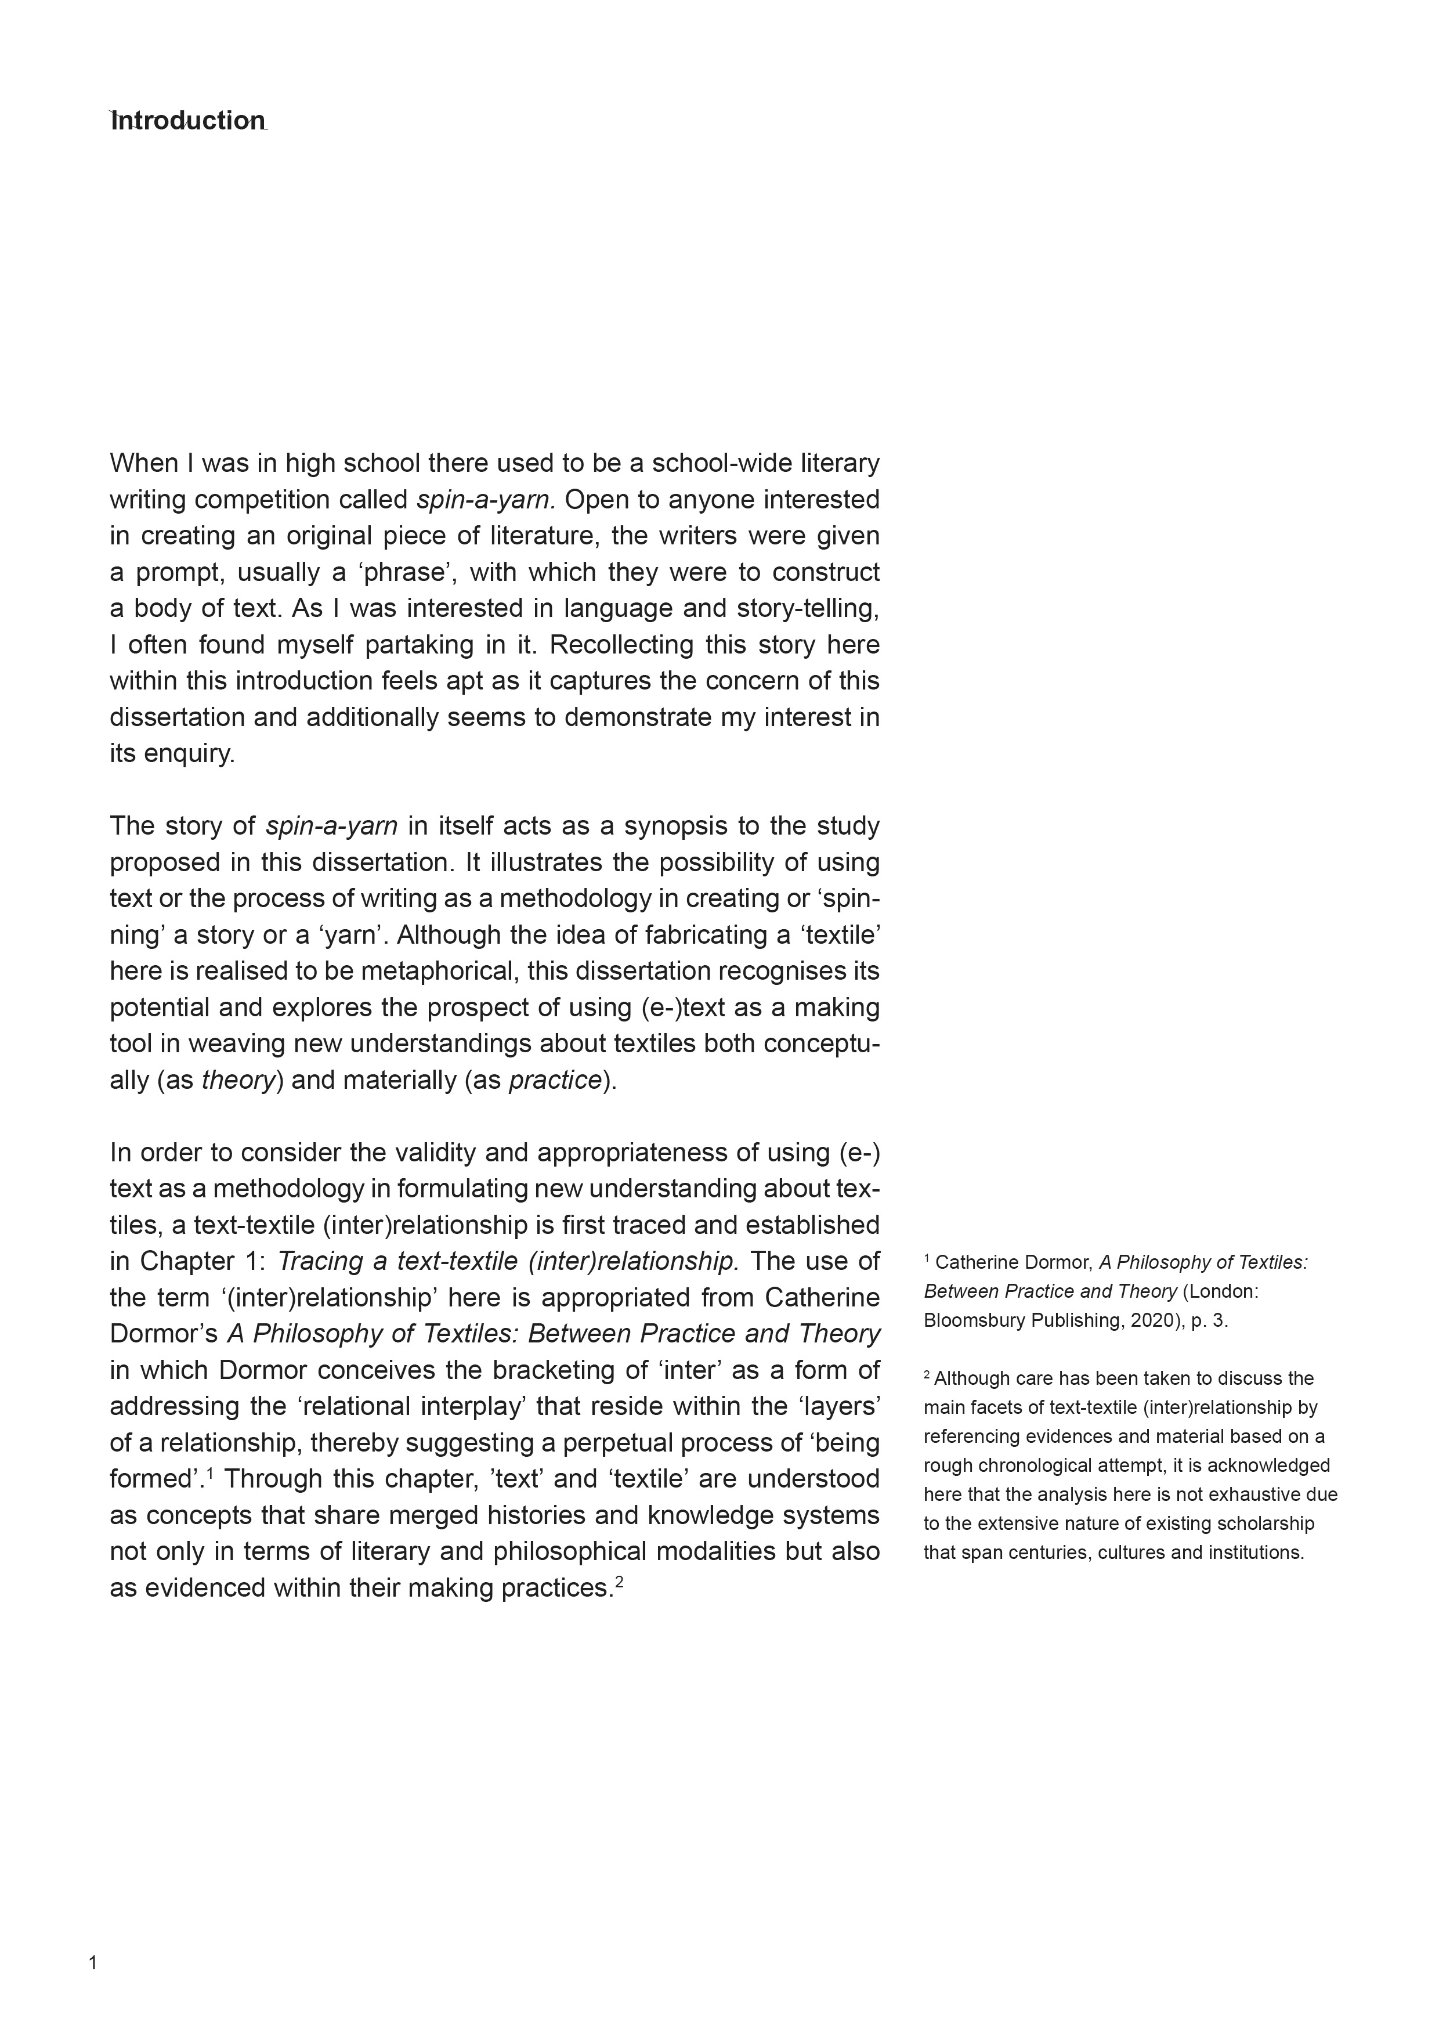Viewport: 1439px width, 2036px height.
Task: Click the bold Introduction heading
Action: click(x=188, y=121)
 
